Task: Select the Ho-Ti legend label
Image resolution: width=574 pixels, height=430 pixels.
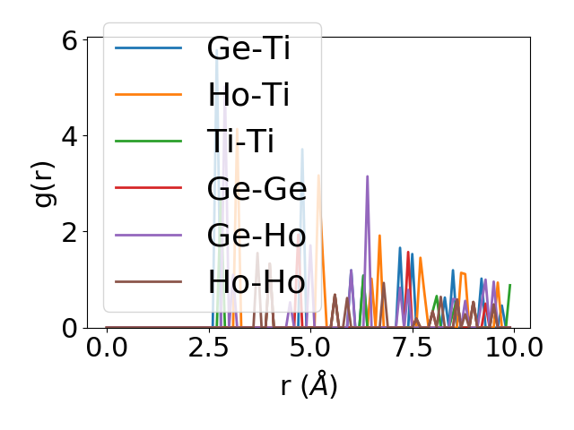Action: click(x=248, y=94)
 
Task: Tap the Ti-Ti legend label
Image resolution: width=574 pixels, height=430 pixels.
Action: click(x=240, y=142)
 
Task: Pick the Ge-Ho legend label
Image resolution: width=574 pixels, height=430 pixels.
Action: click(x=257, y=235)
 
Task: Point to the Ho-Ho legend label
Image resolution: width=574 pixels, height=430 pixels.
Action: click(x=257, y=282)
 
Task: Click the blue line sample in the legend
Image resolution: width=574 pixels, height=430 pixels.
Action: click(x=149, y=47)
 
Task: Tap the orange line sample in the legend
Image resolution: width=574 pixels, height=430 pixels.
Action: click(x=149, y=94)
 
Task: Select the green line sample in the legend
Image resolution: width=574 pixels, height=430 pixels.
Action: click(x=149, y=142)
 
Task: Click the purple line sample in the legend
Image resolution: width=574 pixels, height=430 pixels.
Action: click(x=149, y=235)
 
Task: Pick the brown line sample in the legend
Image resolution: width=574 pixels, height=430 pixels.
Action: click(x=149, y=282)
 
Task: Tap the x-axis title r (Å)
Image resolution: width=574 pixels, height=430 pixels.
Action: click(x=309, y=386)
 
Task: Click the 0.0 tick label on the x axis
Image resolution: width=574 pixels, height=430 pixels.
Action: click(x=107, y=347)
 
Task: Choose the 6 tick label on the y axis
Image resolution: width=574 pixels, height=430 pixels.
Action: click(x=69, y=40)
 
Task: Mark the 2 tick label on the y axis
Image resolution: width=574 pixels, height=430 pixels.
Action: click(x=69, y=232)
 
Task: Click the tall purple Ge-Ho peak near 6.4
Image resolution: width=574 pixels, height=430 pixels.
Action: click(x=367, y=177)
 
